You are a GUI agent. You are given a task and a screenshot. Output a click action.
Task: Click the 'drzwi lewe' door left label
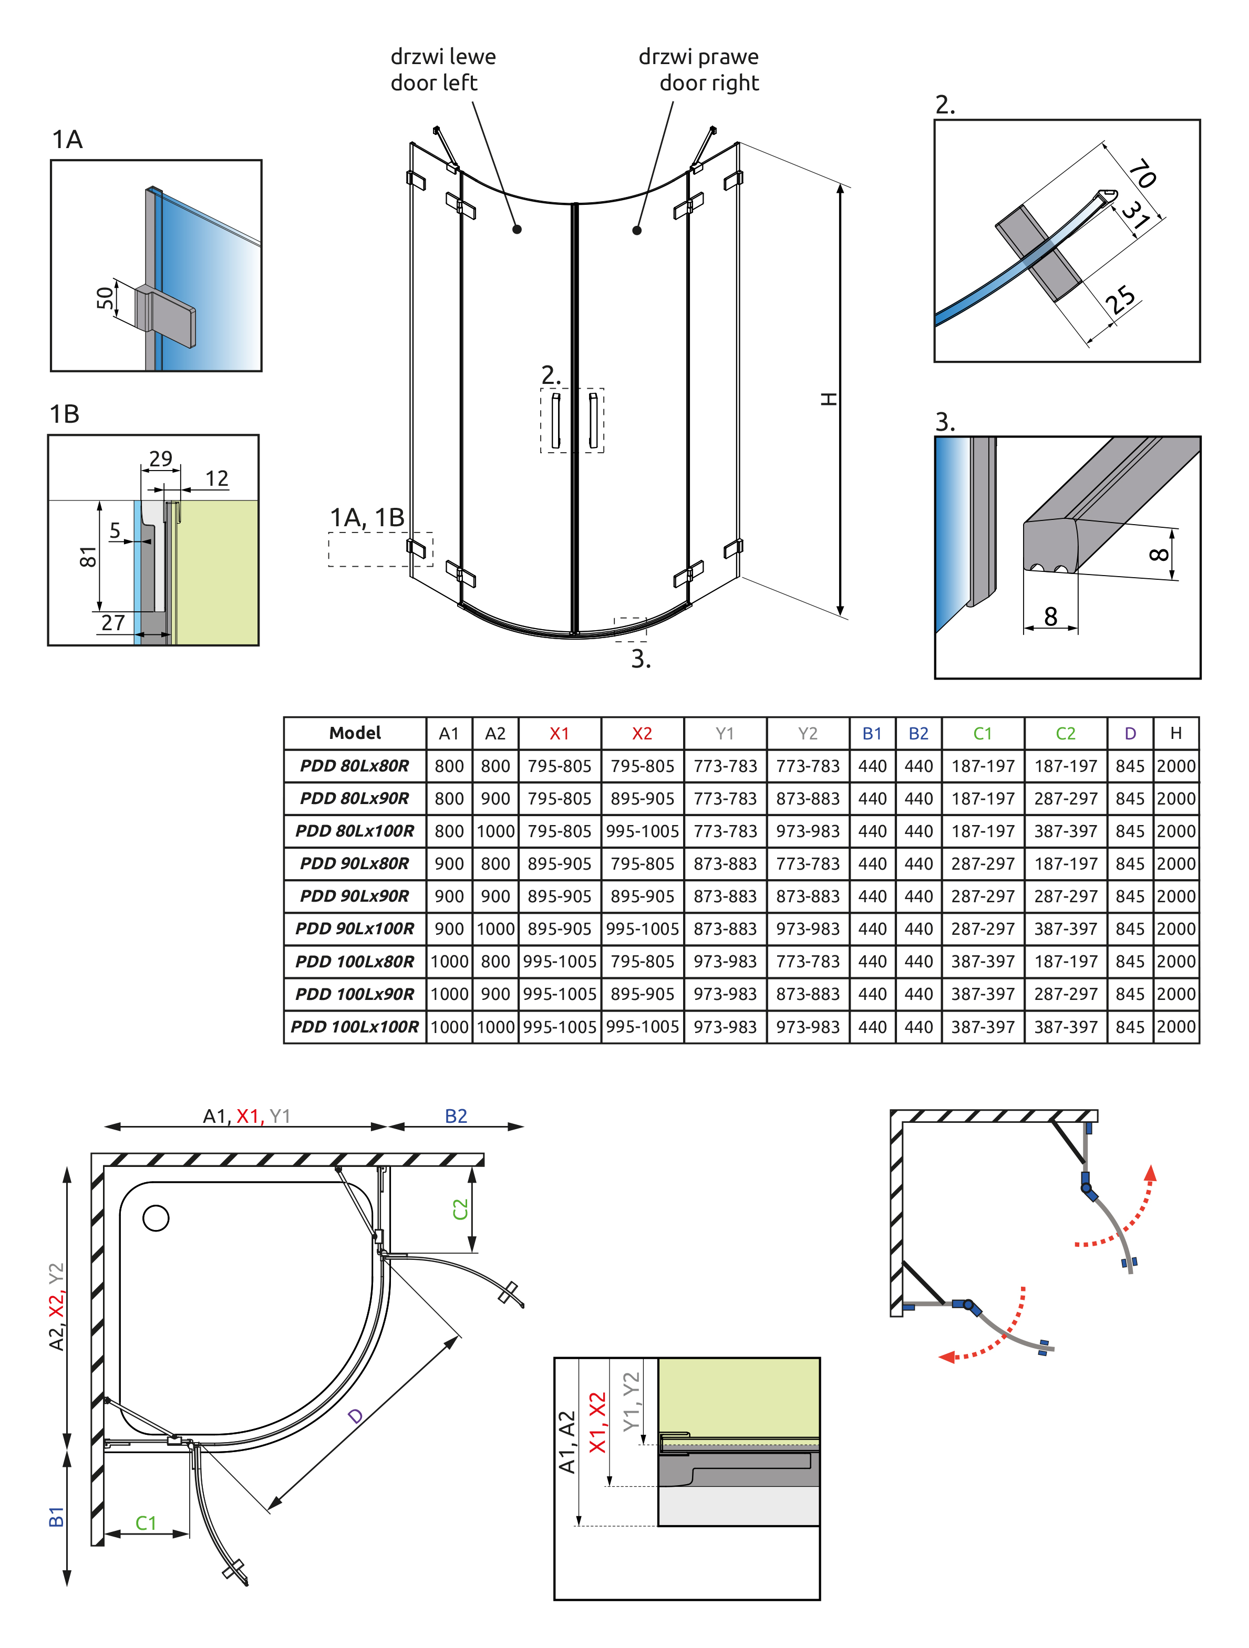442,57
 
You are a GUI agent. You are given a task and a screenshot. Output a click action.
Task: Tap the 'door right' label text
709,82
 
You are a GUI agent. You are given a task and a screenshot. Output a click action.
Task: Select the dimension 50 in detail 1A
106,297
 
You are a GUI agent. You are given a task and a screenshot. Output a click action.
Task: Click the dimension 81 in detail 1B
88,557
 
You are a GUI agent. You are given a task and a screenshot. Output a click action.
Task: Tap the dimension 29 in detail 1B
161,458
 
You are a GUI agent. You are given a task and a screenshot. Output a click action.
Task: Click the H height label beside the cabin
829,399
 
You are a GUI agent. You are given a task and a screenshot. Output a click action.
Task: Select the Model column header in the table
355,733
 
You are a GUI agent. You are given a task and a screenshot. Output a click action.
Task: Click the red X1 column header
559,734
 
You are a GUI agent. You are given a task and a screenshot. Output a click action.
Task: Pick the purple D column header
1130,734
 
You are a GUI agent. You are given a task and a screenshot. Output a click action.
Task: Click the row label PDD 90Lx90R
355,896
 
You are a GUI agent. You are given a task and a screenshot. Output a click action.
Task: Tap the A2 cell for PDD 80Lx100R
496,831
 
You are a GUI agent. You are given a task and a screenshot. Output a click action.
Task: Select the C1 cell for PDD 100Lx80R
983,961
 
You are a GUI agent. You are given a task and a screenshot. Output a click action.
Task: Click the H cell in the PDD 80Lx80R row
1176,766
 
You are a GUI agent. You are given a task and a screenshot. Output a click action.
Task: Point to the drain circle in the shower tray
156,1218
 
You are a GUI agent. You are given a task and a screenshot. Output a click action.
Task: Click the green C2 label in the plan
460,1208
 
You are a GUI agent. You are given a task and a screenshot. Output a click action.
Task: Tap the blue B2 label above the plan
456,1116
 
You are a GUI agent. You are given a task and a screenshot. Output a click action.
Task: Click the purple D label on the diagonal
356,1415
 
